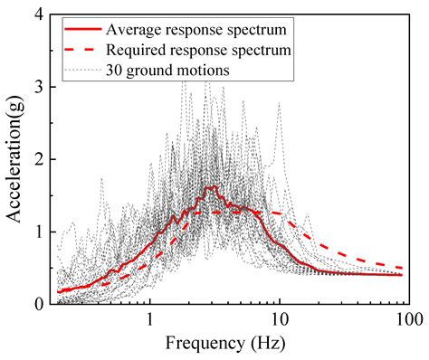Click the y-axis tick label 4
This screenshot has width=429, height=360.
(x=41, y=14)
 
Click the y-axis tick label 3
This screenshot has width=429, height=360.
(x=41, y=87)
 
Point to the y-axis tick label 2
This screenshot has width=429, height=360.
(x=41, y=159)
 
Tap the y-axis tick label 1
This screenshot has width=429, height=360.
(x=41, y=232)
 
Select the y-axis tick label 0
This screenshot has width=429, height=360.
(x=41, y=304)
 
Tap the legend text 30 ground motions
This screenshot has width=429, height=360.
(x=168, y=69)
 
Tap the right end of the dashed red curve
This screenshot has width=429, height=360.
(x=403, y=268)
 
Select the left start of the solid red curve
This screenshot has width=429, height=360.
(x=59, y=291)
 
